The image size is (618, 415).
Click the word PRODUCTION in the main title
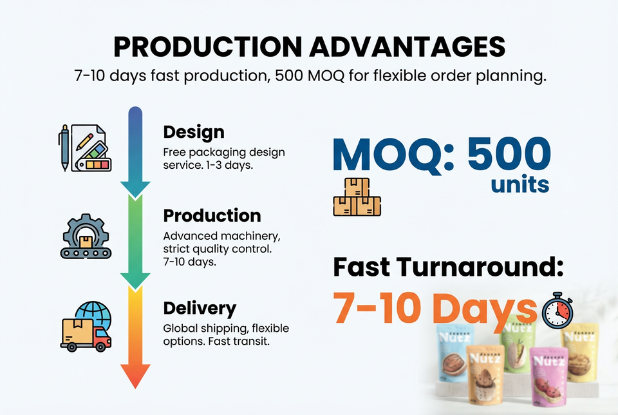(x=208, y=47)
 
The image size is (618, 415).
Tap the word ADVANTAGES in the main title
(x=407, y=47)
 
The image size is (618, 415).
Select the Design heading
(x=194, y=133)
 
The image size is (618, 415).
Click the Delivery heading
(x=200, y=309)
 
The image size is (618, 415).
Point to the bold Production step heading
(x=212, y=216)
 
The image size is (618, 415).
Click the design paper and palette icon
(x=85, y=148)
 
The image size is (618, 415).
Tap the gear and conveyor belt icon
(x=86, y=236)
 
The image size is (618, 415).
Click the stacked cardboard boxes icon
(x=357, y=197)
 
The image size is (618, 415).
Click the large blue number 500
(x=509, y=154)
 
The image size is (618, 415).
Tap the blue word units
(x=520, y=184)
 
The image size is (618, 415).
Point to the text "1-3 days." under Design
(x=229, y=165)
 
